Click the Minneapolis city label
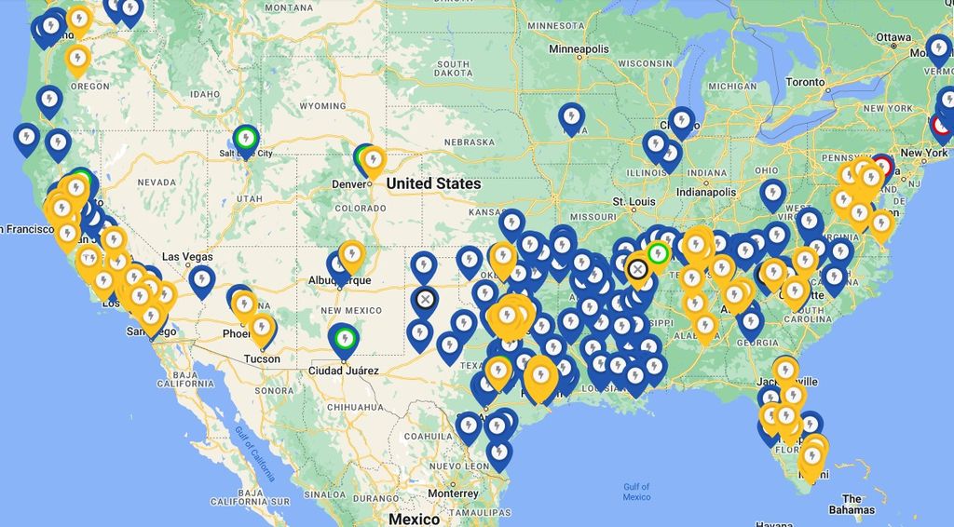point(579,48)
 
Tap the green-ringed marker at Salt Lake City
point(245,139)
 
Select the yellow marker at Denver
point(374,160)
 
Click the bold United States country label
point(433,183)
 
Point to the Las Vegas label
point(187,256)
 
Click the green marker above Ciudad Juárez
point(345,337)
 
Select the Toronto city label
point(805,82)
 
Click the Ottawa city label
point(893,37)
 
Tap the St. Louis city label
point(634,201)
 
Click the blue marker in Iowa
point(571,117)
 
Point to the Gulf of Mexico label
point(636,492)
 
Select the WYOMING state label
point(322,106)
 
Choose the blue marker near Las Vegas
point(201,280)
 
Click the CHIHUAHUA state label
point(354,407)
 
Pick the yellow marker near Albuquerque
point(351,255)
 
